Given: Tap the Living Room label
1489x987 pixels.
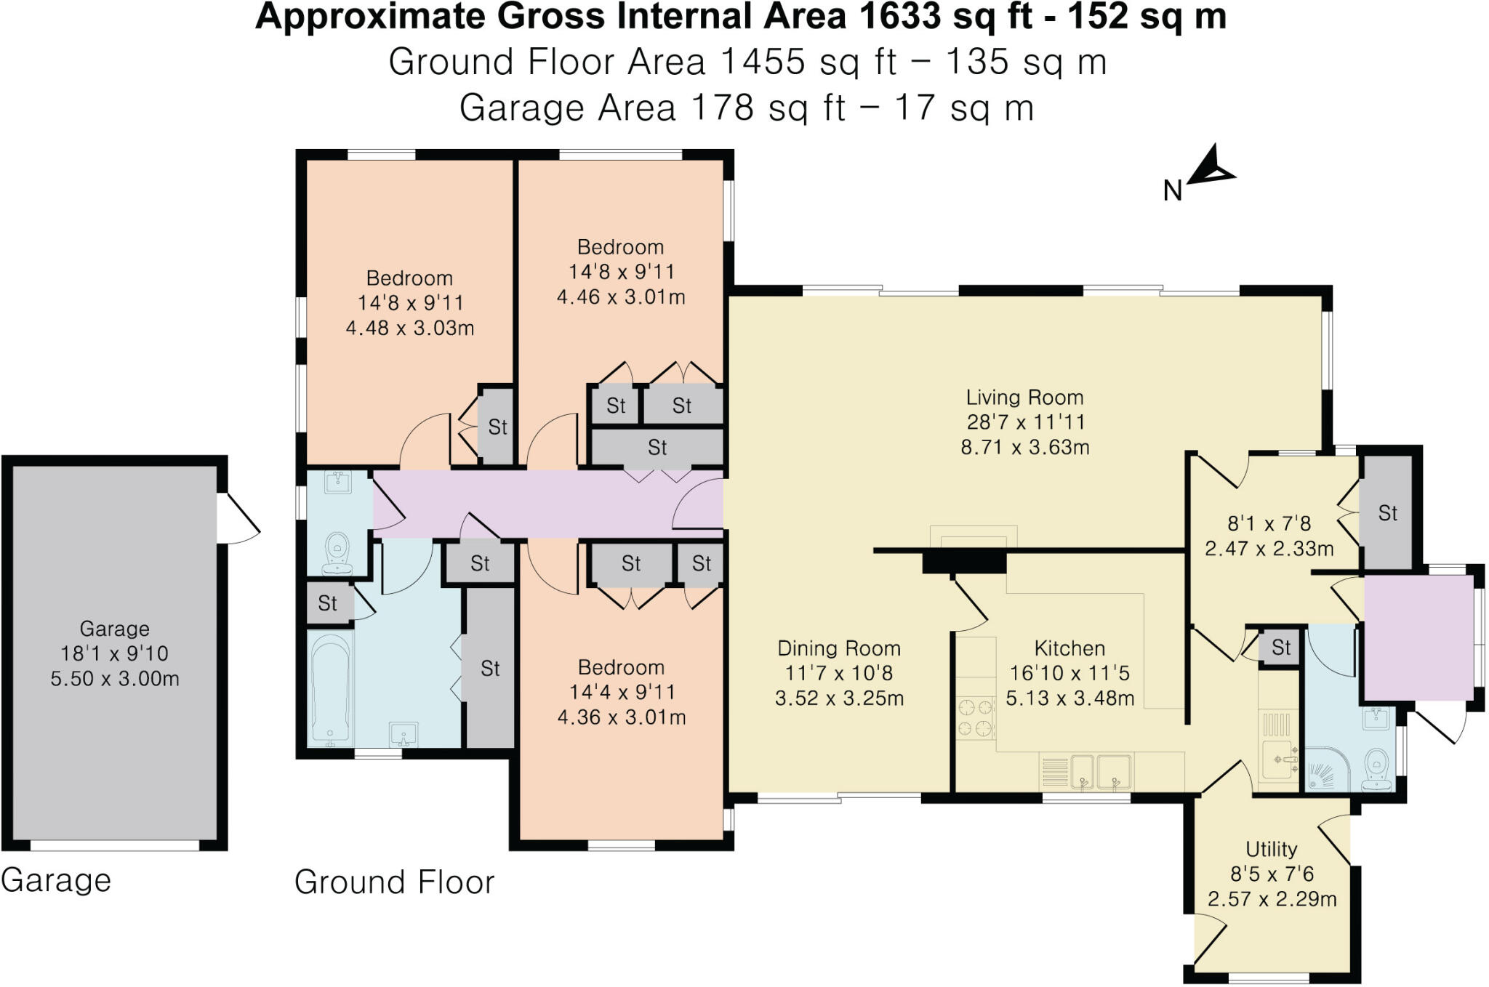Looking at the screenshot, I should [1024, 398].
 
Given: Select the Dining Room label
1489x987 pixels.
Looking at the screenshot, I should [838, 648].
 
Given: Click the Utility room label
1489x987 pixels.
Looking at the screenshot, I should [1271, 849].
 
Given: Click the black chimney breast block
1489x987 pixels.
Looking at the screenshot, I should [964, 562].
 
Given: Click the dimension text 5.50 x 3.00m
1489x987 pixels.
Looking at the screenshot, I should [115, 679].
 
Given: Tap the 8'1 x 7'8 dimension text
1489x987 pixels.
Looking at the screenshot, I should [1269, 523].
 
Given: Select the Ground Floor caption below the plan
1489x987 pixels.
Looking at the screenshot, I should [394, 882].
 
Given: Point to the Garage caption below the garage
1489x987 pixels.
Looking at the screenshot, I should [56, 880].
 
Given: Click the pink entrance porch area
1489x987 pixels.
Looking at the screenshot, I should [1418, 637].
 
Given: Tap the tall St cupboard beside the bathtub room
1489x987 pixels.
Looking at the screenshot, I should [489, 668].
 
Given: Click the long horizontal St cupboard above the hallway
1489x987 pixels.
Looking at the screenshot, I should [657, 447].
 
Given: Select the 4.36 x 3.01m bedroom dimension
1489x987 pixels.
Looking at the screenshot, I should [621, 717].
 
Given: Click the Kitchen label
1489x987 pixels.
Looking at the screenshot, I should [1069, 648].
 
